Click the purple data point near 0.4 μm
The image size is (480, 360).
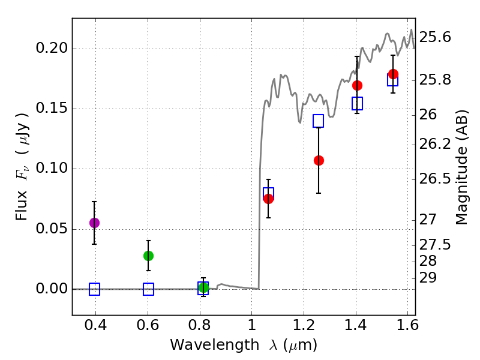coord(94,223)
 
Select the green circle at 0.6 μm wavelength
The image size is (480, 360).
coord(148,256)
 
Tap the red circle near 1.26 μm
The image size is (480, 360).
coord(319,160)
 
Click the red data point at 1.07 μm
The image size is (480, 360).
coord(268,199)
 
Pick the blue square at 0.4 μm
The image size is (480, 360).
coord(94,289)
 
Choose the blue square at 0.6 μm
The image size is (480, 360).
coord(148,289)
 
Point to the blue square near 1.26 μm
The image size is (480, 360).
coord(319,121)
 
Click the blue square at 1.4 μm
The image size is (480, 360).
coord(357,103)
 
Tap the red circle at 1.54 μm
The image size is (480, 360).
coord(394,74)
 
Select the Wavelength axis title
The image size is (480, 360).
coord(244,345)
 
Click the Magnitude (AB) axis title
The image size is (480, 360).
coord(462,167)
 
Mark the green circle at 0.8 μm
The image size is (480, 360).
coord(203,287)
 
